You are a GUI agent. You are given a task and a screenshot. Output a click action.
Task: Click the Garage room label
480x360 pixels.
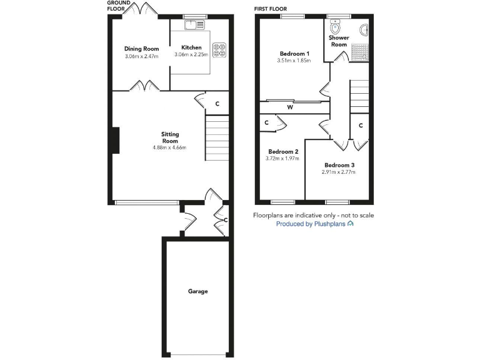(197, 291)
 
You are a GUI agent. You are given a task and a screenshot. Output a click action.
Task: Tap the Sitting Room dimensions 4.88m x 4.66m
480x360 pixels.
(169, 147)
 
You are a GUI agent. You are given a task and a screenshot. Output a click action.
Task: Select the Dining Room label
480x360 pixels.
(141, 49)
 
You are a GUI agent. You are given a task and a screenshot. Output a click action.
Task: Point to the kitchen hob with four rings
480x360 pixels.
(219, 49)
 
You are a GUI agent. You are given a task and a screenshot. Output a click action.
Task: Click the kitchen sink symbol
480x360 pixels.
(191, 25)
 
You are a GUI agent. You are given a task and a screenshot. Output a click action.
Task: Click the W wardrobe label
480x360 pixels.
(290, 107)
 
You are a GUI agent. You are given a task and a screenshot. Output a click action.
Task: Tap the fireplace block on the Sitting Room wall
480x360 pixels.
(116, 141)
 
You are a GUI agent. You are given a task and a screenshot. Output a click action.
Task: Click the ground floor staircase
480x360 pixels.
(217, 141)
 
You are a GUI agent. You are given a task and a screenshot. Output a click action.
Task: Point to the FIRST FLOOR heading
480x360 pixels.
(271, 9)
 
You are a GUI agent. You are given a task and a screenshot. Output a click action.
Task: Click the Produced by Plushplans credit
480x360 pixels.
(315, 224)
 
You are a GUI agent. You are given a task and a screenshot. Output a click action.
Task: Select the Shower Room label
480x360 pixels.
(339, 41)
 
